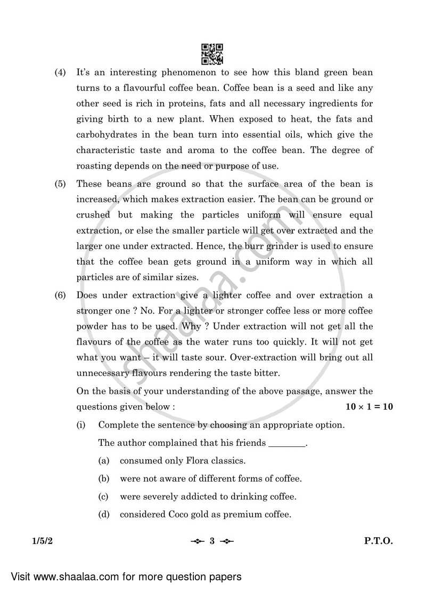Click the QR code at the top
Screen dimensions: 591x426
tap(212, 53)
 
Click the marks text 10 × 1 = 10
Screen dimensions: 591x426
tap(369, 406)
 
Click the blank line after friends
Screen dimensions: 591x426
tap(288, 443)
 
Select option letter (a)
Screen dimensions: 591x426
tap(103, 460)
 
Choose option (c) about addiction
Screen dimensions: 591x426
tap(208, 497)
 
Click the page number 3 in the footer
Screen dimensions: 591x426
tap(211, 541)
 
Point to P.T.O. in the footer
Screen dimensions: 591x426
tap(378, 541)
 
